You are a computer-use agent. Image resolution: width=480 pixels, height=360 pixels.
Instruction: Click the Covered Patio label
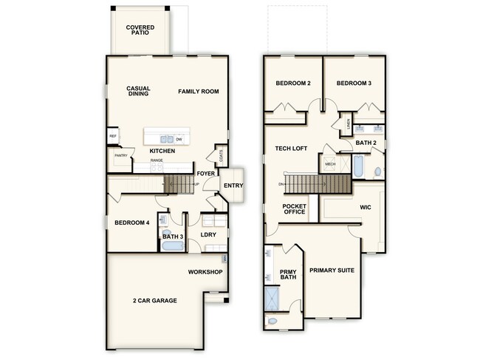tap(140, 30)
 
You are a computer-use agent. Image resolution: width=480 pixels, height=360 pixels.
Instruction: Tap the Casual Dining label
tap(139, 92)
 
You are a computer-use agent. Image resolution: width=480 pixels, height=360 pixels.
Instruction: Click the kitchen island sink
tap(168, 138)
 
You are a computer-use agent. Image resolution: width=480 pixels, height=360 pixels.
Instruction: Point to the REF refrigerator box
tap(113, 137)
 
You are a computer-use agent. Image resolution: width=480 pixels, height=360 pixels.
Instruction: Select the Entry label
tap(233, 185)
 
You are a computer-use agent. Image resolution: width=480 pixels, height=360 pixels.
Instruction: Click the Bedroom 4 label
tap(132, 223)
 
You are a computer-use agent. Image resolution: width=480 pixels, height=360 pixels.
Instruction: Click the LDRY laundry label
tap(207, 237)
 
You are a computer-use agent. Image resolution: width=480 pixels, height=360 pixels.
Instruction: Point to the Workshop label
tap(205, 272)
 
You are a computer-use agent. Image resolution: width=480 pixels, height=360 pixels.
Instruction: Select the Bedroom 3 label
tap(354, 84)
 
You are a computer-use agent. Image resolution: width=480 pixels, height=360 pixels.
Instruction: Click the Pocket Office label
tap(294, 210)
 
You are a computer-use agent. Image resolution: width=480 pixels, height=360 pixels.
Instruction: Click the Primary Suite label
tap(332, 270)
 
